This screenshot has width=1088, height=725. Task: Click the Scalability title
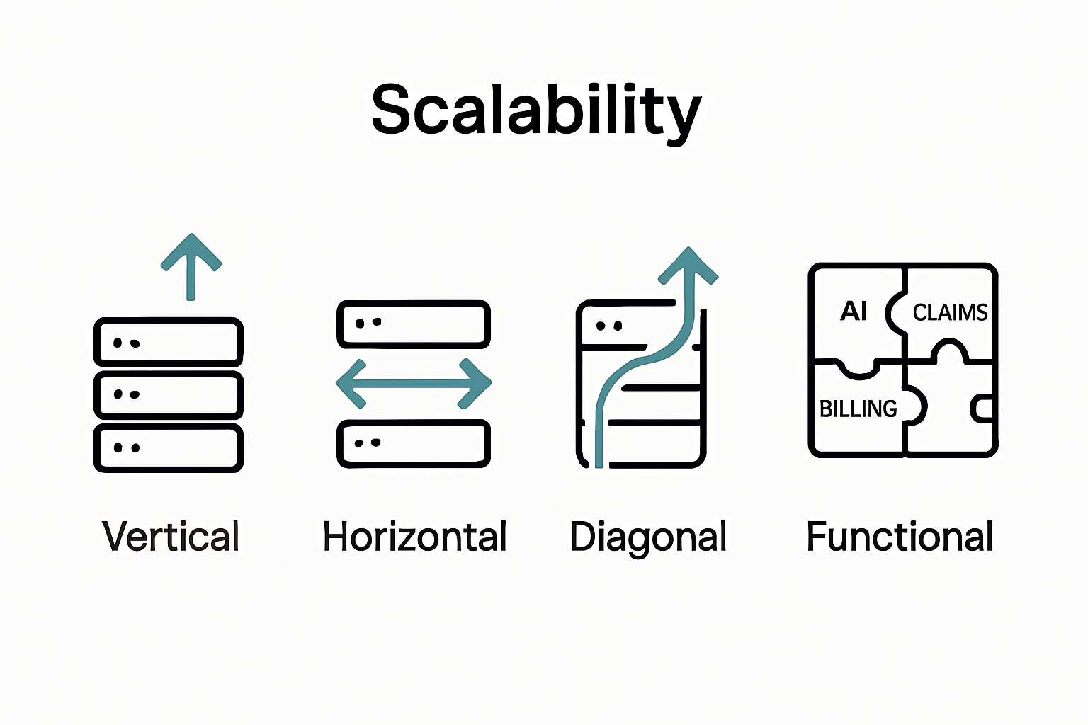[x=536, y=110]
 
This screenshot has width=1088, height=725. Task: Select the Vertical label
[x=171, y=536]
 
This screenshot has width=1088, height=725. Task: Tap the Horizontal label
[x=414, y=536]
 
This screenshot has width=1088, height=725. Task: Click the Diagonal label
[x=648, y=537]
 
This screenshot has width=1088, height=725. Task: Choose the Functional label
[x=900, y=536]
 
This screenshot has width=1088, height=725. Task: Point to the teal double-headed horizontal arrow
[x=414, y=383]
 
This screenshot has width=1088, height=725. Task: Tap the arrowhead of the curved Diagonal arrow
[x=688, y=268]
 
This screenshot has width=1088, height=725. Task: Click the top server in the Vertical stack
[x=169, y=342]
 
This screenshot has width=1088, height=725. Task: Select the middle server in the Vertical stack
[x=169, y=394]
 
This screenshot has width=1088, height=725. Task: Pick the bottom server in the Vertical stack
[x=169, y=447]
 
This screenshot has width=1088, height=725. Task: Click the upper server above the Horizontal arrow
[x=414, y=324]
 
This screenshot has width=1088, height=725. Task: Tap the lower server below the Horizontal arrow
[x=414, y=444]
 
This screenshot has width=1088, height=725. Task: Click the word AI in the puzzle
[x=854, y=311]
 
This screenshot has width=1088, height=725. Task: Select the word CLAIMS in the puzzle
[x=949, y=312]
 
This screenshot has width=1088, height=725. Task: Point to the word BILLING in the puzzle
[x=858, y=409]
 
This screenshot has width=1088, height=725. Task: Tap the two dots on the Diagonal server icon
[x=609, y=326]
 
